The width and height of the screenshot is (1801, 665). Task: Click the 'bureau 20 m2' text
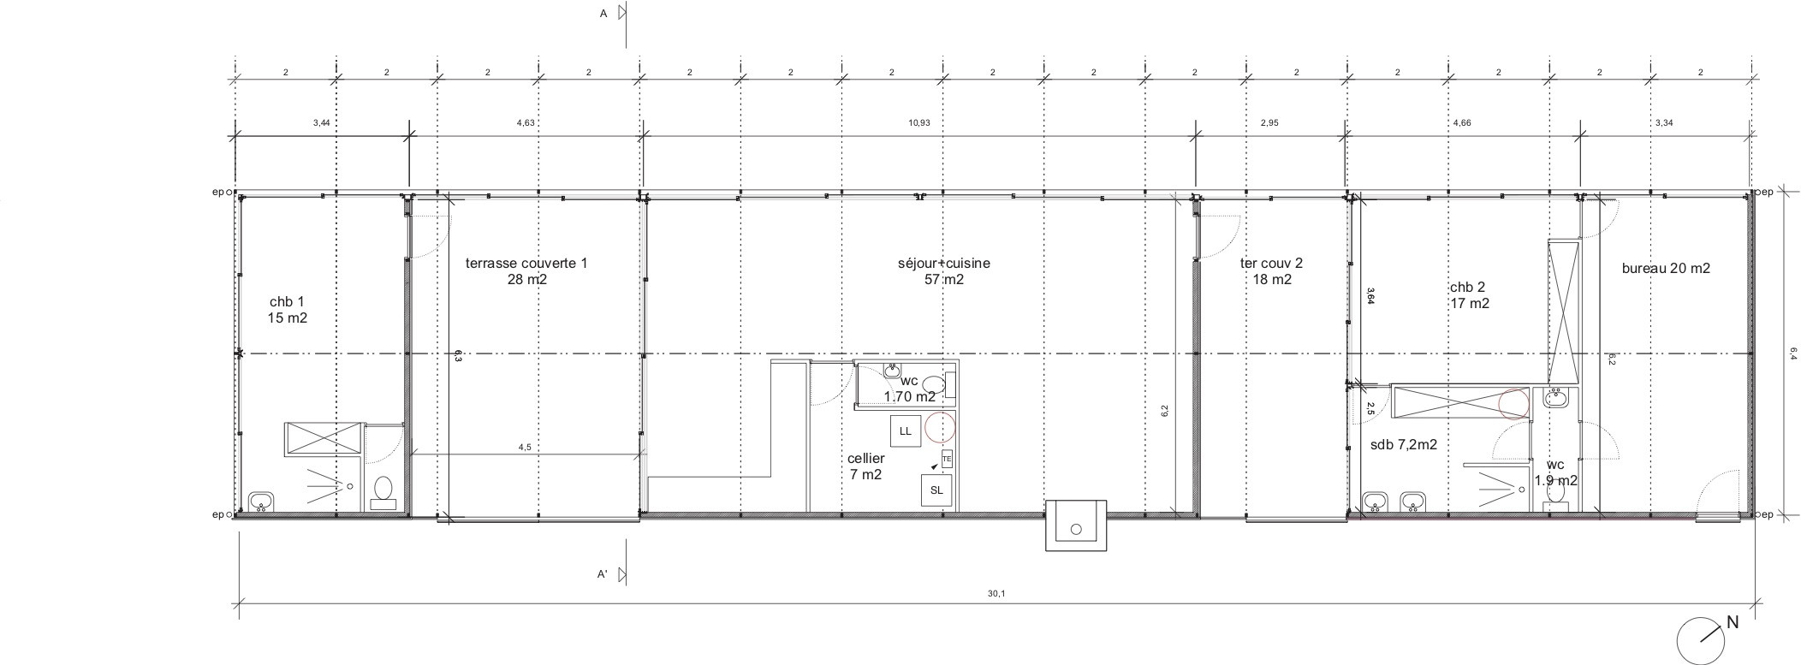tap(1666, 268)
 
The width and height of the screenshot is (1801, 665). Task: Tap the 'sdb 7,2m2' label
tap(1404, 445)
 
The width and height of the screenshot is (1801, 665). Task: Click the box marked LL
tap(905, 430)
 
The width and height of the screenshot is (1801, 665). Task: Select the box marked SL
tap(936, 490)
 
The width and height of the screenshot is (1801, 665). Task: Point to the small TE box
tap(946, 460)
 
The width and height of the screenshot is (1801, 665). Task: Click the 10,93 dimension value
tap(919, 122)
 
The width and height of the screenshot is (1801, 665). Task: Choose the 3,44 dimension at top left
tap(321, 122)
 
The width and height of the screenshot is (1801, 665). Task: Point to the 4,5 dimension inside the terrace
tap(525, 447)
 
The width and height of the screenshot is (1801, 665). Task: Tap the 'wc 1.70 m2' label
tap(909, 389)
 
